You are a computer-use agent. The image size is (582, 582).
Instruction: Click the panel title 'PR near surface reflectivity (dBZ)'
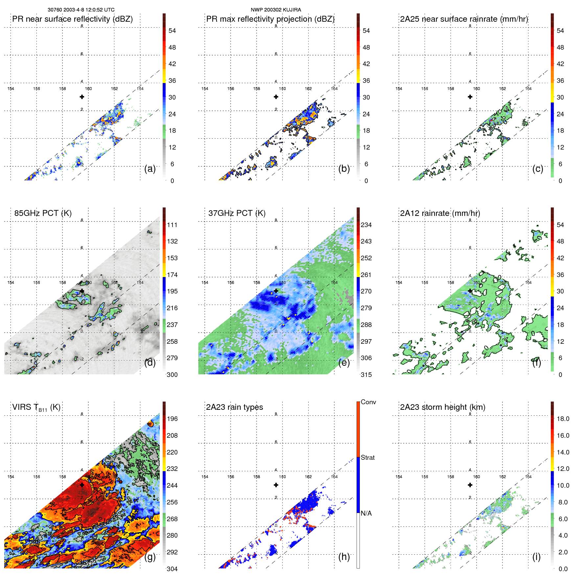72,19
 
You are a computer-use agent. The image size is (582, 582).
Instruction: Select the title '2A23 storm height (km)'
442,407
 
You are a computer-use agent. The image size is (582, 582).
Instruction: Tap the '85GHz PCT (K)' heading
43,213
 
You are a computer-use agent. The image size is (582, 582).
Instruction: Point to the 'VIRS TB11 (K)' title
36,407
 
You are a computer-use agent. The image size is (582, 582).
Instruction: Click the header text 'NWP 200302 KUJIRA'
276,10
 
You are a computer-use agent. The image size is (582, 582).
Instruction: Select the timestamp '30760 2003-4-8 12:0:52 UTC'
81,10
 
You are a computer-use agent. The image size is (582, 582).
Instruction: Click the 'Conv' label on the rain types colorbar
368,402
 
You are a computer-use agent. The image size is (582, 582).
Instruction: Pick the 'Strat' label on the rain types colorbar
367,458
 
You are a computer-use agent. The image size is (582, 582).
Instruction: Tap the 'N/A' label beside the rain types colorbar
366,513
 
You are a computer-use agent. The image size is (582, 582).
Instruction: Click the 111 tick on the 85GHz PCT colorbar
172,225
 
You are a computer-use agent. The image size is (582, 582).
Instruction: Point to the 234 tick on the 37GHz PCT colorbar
366,225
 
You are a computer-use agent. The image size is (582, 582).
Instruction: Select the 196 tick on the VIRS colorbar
172,419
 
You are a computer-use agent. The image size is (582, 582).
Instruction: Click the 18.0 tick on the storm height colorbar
563,419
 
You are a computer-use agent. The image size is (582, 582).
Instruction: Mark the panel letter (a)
150,169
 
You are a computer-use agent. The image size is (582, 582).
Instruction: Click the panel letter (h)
344,557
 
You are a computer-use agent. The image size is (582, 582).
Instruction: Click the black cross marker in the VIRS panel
82,485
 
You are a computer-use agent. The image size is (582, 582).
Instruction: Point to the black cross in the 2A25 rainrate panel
470,97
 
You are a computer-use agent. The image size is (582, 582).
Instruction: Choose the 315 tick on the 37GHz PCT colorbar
366,375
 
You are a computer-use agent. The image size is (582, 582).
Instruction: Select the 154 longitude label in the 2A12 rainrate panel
399,283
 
